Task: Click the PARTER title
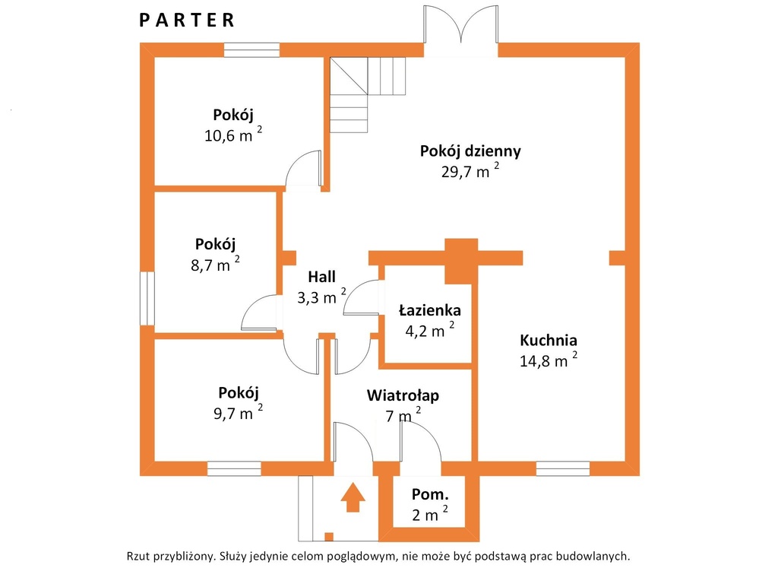point(187,21)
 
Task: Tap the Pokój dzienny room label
point(470,151)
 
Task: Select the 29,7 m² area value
point(470,170)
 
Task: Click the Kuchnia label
point(549,340)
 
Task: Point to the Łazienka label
point(430,310)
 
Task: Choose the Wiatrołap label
point(403,395)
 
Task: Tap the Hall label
point(321,277)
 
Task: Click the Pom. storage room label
point(430,494)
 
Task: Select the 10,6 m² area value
point(233,135)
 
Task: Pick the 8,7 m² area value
point(215,264)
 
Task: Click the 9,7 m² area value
point(238,412)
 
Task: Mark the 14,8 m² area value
point(549,360)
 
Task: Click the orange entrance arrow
point(353,497)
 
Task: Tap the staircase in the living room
point(368,94)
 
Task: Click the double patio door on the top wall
point(461,25)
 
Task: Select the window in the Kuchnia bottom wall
point(563,468)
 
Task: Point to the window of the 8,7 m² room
point(147,298)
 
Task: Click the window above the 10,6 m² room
point(251,50)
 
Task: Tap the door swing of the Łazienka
point(361,297)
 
